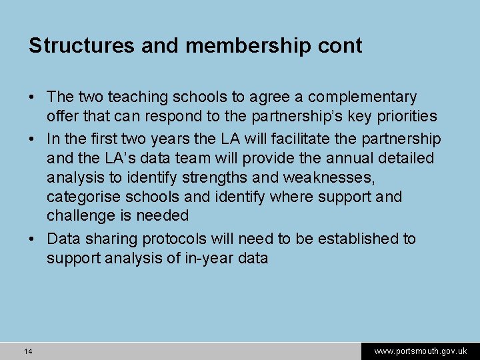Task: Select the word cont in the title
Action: pyautogui.click(x=341, y=46)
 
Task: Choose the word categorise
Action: pyautogui.click(x=85, y=197)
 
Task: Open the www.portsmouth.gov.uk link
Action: pyautogui.click(x=420, y=351)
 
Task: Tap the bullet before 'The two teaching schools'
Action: pyautogui.click(x=32, y=98)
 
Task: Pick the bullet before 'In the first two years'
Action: pyautogui.click(x=32, y=139)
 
